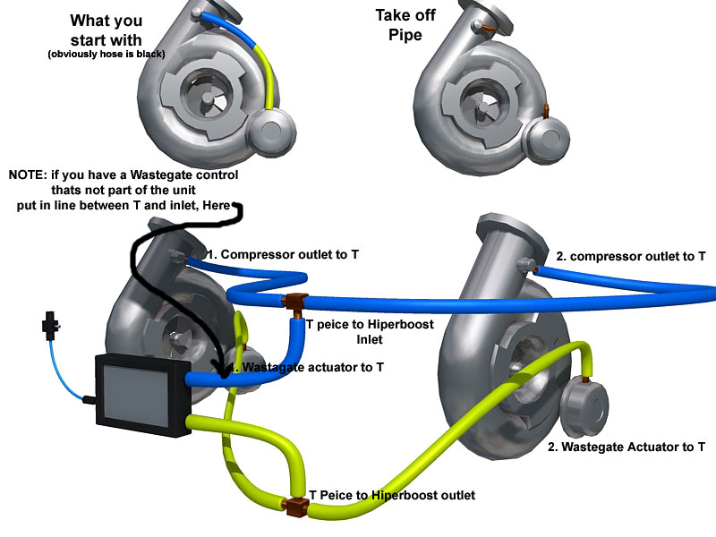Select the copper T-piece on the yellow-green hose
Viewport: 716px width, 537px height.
pyautogui.click(x=294, y=507)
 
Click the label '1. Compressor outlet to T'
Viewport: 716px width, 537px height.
pyautogui.click(x=283, y=255)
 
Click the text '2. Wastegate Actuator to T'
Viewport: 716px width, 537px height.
pyautogui.click(x=626, y=447)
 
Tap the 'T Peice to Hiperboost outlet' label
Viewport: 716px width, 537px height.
pyautogui.click(x=392, y=495)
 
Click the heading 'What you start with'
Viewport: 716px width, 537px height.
pyautogui.click(x=106, y=30)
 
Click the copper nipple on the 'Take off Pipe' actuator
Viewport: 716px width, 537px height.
pyautogui.click(x=546, y=110)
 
